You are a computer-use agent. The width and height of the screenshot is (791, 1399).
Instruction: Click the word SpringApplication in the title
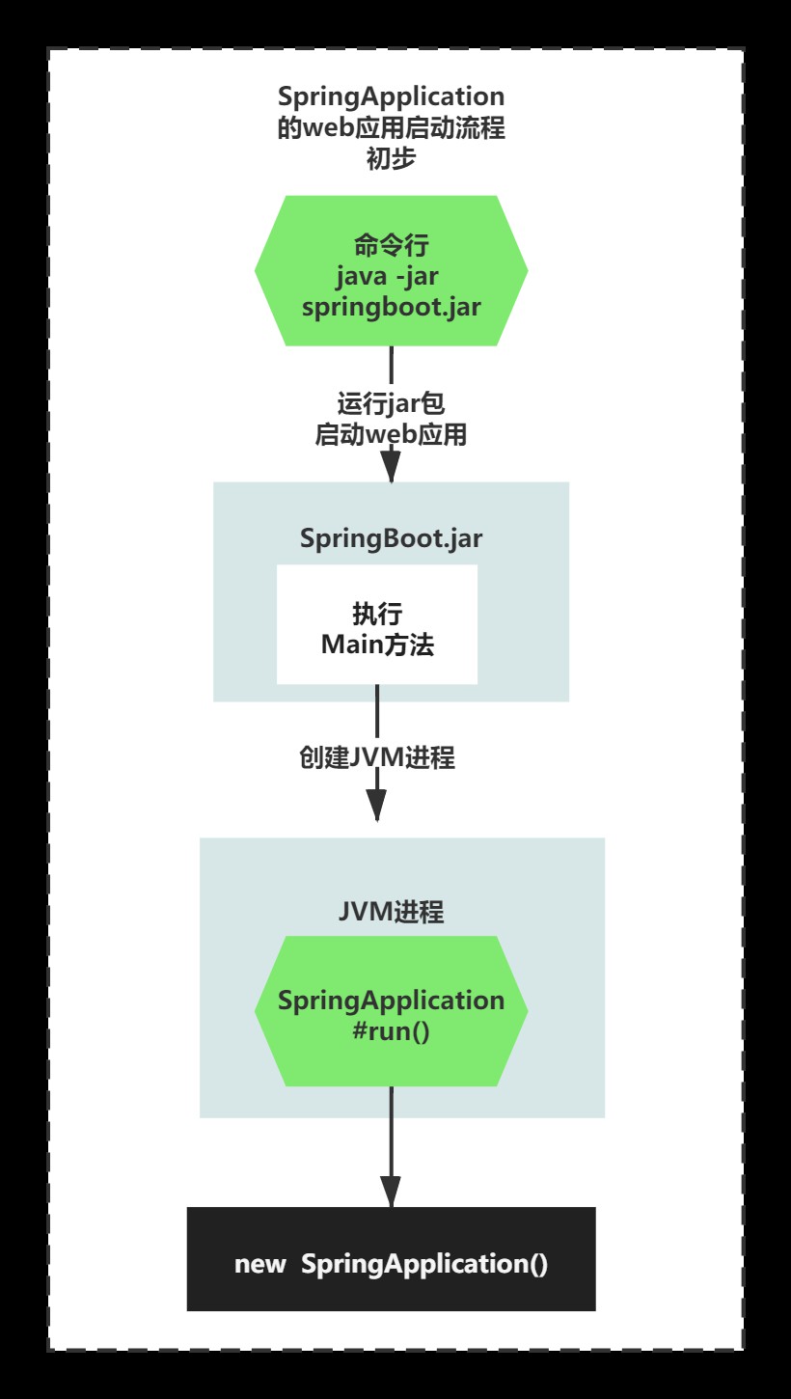pos(391,96)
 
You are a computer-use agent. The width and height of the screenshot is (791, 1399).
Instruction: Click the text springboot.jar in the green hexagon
pos(391,307)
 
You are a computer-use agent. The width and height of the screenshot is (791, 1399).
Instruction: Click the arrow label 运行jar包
pos(391,403)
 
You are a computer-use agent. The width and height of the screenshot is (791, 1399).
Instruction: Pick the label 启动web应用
pos(391,435)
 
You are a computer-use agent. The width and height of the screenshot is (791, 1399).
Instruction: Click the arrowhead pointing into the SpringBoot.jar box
pos(391,467)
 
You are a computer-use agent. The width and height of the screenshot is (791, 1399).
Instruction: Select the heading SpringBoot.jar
pos(391,538)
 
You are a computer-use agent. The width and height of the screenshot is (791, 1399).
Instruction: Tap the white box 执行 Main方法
pos(377,624)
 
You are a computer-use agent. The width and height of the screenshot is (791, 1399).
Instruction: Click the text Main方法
pos(377,644)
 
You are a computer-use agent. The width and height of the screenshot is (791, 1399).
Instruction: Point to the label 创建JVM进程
pos(376,757)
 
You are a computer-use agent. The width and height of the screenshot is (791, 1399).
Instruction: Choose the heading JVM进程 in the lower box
pos(391,912)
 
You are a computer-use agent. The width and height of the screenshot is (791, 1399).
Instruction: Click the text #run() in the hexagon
pos(391,1031)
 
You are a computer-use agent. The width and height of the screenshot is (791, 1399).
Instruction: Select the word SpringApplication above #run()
pos(391,1001)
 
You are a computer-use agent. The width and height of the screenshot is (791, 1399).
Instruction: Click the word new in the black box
pos(259,1264)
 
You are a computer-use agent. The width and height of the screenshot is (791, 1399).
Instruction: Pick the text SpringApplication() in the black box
pos(424,1264)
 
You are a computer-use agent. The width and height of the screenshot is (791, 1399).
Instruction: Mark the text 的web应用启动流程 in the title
pos(391,127)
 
